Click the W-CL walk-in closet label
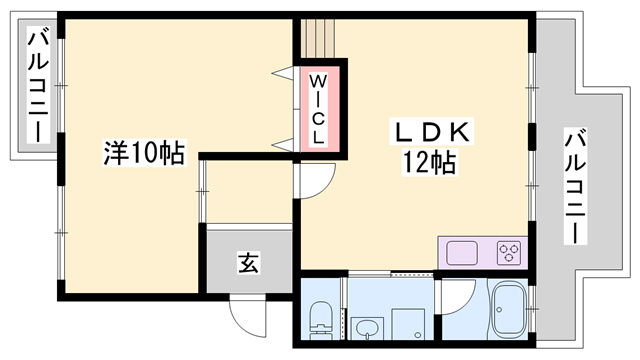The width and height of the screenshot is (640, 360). (x=317, y=109)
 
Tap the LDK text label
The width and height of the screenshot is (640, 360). (x=429, y=131)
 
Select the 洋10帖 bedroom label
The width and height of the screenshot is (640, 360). (x=144, y=154)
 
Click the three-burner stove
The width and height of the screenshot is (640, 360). (x=508, y=251)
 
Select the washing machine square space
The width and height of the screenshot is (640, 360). (x=411, y=326)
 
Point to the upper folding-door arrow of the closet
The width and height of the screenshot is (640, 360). (x=283, y=71)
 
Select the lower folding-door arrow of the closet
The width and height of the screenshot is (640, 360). (x=282, y=146)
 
